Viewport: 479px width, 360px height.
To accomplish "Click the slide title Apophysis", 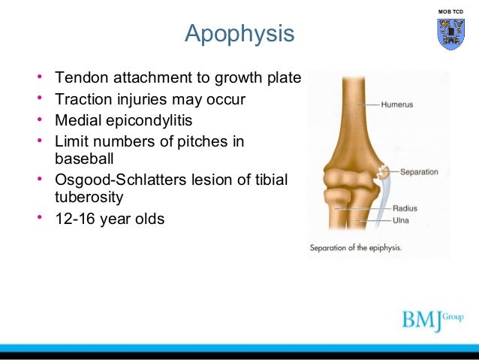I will pyautogui.click(x=239, y=35).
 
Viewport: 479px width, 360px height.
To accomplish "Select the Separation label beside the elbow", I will pyautogui.click(x=418, y=171).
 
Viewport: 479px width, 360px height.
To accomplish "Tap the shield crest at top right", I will pyautogui.click(x=450, y=34).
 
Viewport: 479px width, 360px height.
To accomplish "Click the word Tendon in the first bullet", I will pyautogui.click(x=79, y=78).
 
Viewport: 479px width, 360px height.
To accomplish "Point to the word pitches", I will pyautogui.click(x=203, y=141).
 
